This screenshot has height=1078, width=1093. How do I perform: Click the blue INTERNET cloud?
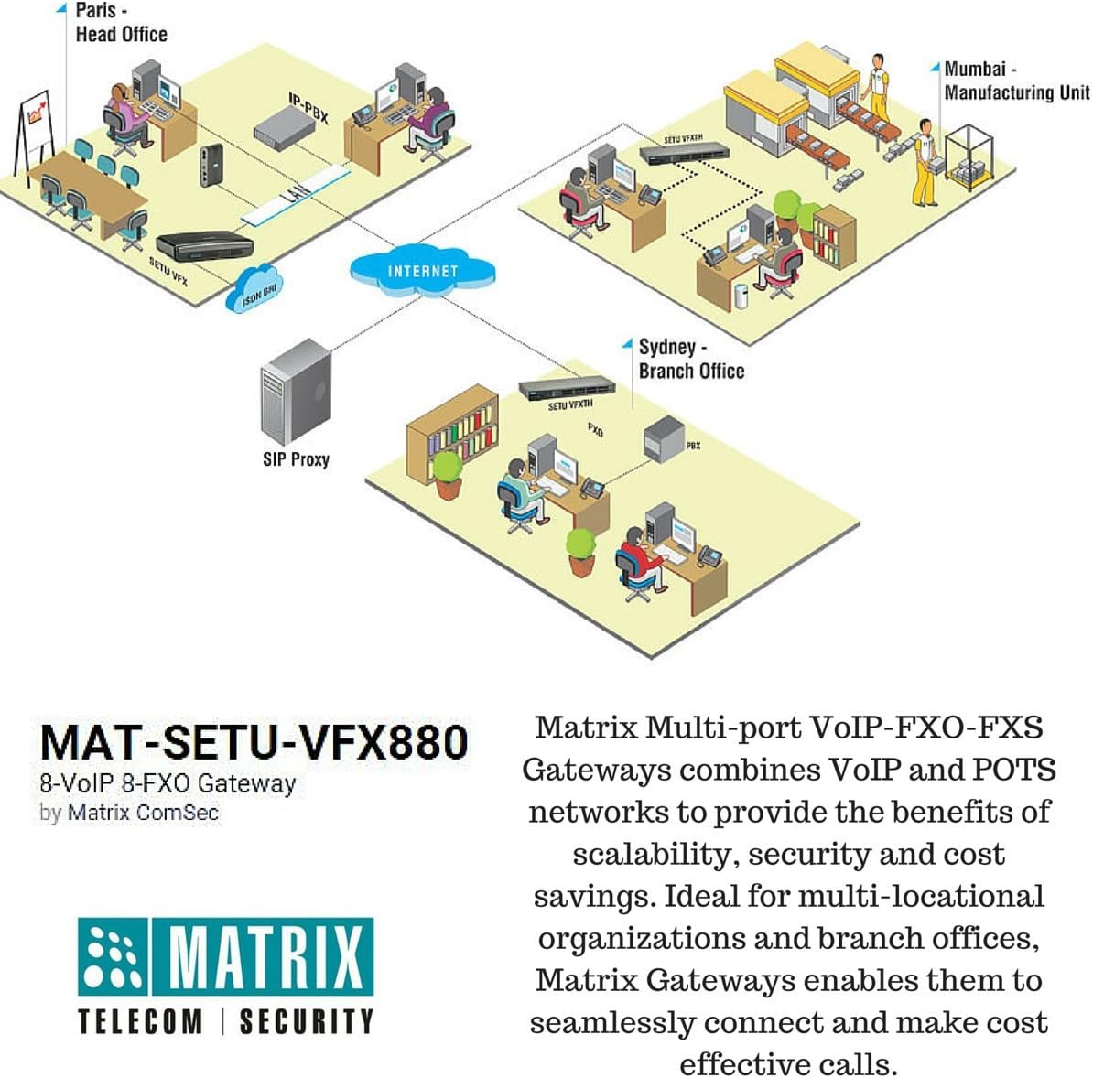422,271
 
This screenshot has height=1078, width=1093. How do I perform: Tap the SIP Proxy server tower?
295,393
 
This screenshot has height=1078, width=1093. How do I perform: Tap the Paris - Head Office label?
120,23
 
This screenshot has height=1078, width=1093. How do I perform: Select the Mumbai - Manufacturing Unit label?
1016,81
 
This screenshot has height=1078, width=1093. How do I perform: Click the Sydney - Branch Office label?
690,359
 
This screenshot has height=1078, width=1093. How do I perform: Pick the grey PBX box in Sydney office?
666,439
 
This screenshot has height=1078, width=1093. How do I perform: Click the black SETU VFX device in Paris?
203,244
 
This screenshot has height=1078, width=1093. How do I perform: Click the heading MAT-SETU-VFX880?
254,742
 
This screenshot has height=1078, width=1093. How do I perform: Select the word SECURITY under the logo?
307,1021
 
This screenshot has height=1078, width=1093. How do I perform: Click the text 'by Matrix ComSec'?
129,813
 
